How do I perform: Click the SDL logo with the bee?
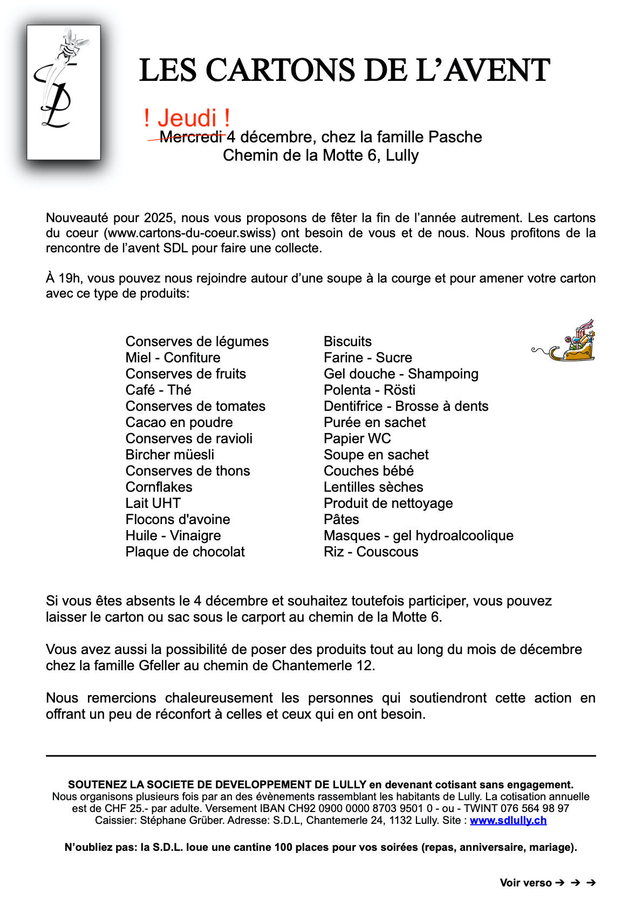tap(64, 92)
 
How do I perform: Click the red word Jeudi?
tap(187, 118)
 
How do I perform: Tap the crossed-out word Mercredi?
tap(192, 137)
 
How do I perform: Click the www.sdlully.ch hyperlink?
tap(508, 820)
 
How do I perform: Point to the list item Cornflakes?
tap(159, 487)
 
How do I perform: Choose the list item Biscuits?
tap(347, 341)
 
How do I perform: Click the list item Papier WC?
tap(357, 438)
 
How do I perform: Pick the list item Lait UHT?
tap(153, 503)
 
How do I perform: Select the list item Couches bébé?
tap(368, 471)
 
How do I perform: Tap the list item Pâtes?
tap(341, 519)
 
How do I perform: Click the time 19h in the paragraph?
tap(70, 278)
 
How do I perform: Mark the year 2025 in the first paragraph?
tap(159, 218)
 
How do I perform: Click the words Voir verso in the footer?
tap(525, 883)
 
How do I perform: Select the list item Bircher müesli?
tap(169, 455)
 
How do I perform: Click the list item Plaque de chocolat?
tap(185, 552)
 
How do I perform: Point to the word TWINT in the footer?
tap(479, 808)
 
